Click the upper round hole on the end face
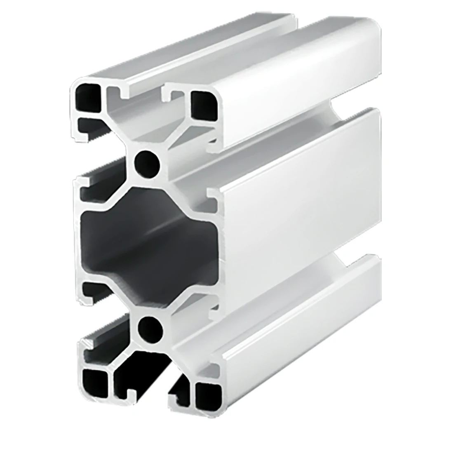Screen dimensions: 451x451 coord(148,161)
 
